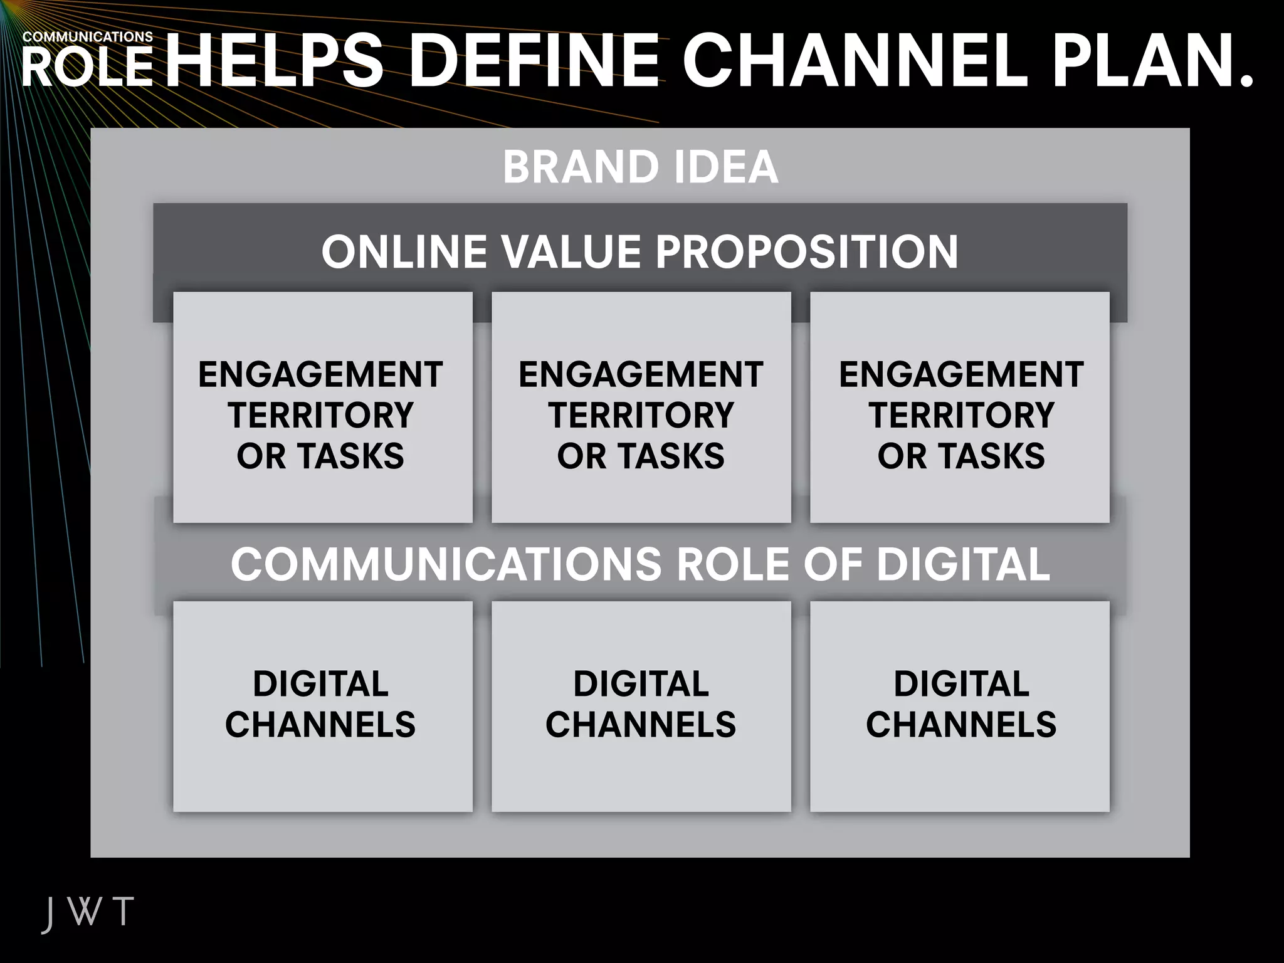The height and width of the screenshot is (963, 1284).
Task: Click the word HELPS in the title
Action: [274, 60]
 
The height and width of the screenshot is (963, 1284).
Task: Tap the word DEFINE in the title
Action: [535, 60]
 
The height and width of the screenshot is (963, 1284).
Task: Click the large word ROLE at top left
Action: [88, 68]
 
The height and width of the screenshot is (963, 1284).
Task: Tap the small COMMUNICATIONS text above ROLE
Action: [88, 37]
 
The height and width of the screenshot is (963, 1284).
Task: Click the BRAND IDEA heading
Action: [640, 167]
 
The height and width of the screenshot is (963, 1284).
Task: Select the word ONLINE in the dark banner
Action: [404, 252]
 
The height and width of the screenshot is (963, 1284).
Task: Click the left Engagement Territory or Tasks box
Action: [322, 408]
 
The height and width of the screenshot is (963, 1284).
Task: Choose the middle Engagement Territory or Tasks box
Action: [641, 408]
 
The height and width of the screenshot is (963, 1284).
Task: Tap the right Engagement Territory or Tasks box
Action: [960, 408]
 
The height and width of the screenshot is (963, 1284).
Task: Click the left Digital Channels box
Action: [322, 705]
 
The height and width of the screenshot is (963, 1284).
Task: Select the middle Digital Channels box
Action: [641, 705]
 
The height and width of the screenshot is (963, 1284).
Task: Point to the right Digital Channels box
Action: [960, 705]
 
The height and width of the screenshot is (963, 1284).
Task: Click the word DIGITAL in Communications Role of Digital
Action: [962, 564]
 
